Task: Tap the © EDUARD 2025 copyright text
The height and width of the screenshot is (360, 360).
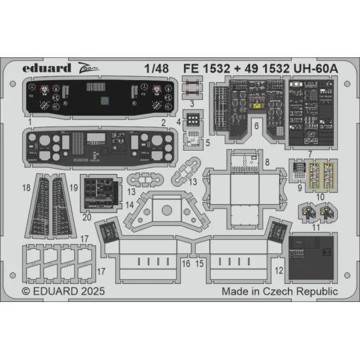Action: [63, 291]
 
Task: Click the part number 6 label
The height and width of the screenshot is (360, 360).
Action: [257, 125]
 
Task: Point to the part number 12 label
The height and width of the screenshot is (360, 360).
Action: [279, 271]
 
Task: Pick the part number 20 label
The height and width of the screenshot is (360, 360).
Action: [87, 217]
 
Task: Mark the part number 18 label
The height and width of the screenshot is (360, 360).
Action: [25, 189]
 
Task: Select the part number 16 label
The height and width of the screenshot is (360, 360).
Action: [186, 264]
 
